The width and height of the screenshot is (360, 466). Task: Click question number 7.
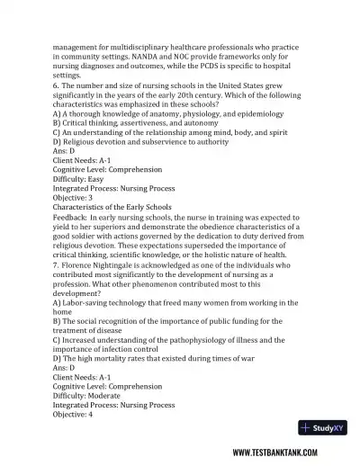(x=57, y=265)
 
